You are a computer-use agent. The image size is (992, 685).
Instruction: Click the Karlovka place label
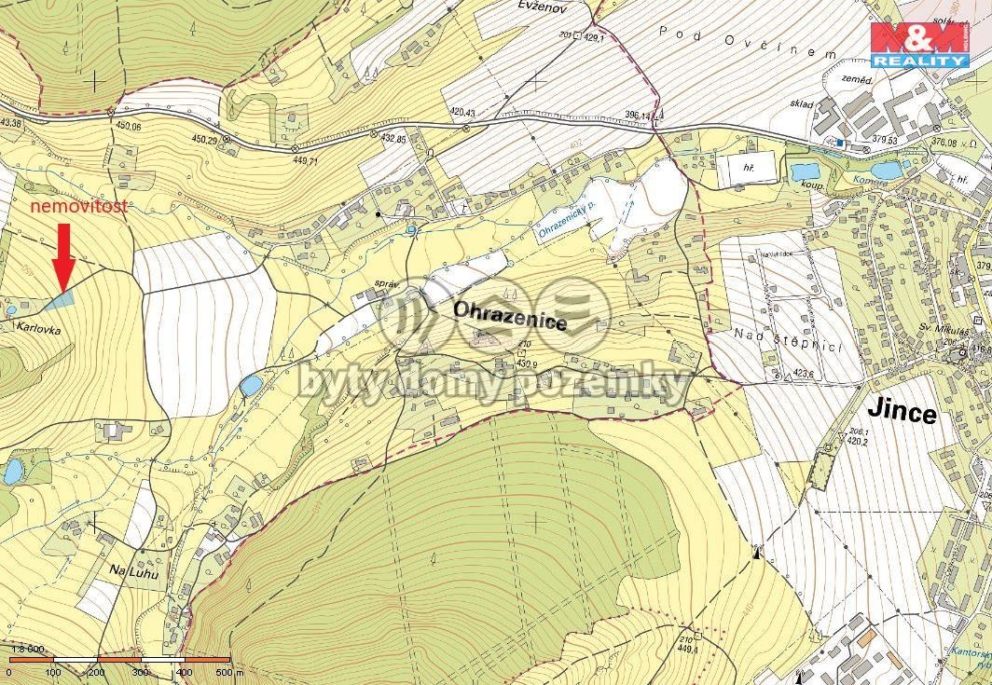click(x=38, y=328)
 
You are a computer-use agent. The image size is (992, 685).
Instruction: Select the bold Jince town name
click(x=902, y=410)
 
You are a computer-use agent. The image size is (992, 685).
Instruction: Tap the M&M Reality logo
click(x=918, y=44)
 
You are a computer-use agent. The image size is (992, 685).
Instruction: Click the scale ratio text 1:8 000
click(x=27, y=649)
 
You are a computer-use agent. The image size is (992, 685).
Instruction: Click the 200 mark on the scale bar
click(x=96, y=672)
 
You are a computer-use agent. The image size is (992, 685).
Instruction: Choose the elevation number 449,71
click(x=306, y=160)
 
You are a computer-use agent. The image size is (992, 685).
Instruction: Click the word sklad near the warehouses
click(x=799, y=104)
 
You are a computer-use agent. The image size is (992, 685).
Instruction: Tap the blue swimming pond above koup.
click(x=804, y=171)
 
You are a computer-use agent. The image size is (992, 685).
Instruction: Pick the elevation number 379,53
click(x=883, y=141)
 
